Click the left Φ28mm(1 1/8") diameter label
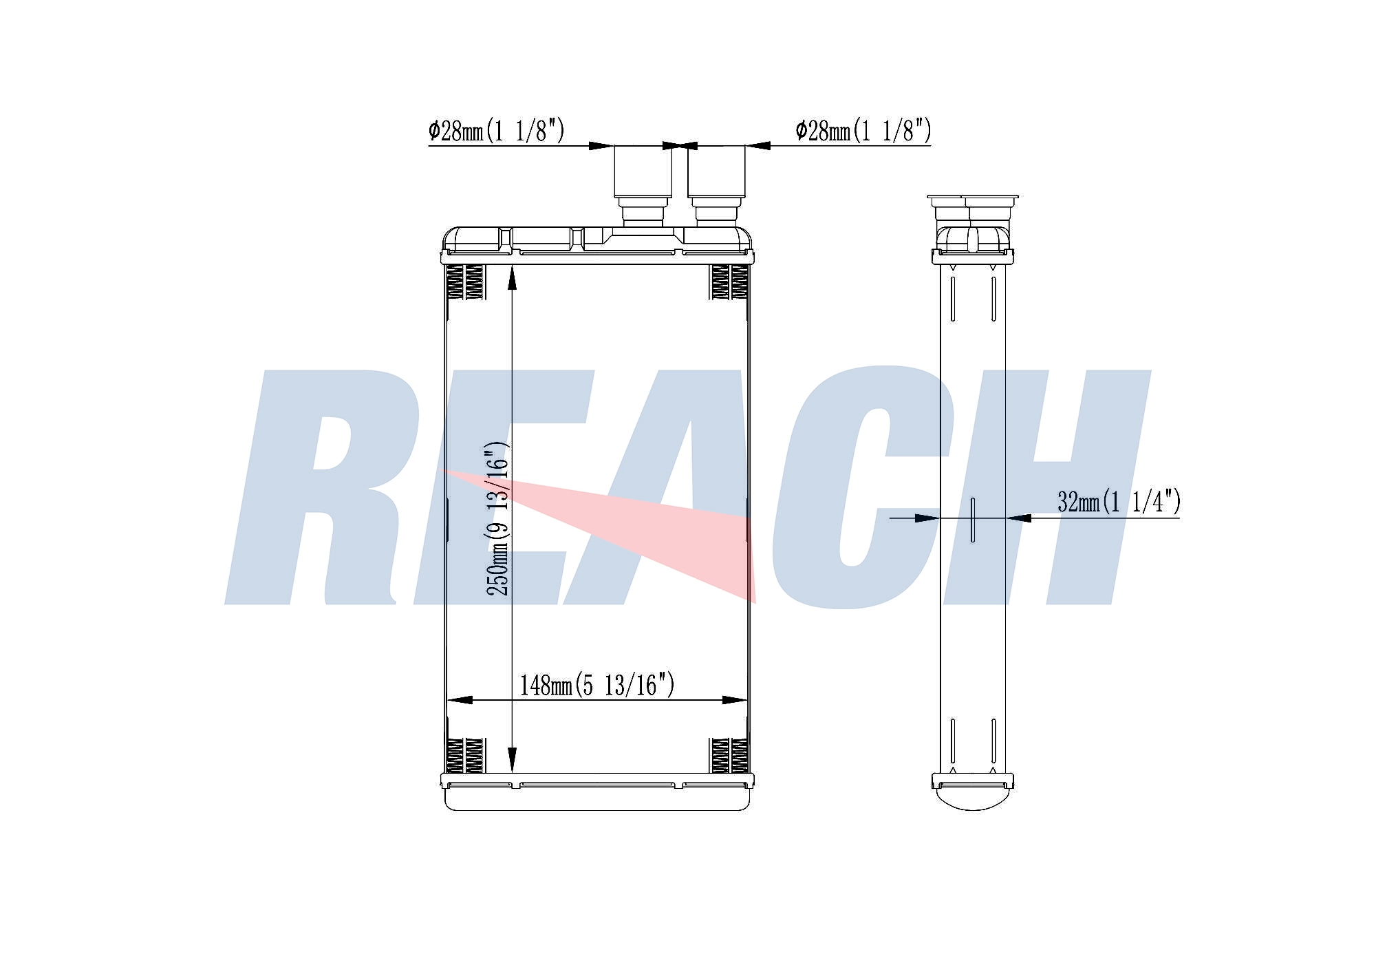(x=496, y=130)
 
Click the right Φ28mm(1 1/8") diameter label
(x=863, y=130)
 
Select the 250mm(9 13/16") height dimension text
(x=497, y=519)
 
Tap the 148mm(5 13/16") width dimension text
(x=596, y=685)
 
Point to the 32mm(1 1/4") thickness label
(x=1119, y=502)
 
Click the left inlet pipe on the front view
(x=643, y=184)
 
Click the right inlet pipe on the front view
(x=716, y=184)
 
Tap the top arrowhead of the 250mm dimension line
(x=512, y=278)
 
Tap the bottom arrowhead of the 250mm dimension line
(x=512, y=761)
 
